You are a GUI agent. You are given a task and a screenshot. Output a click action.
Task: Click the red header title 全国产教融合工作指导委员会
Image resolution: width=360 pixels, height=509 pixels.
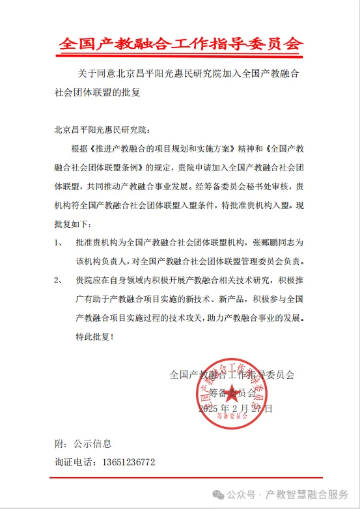(181, 44)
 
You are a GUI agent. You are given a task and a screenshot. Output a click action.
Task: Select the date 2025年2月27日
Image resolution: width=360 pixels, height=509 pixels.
(235, 409)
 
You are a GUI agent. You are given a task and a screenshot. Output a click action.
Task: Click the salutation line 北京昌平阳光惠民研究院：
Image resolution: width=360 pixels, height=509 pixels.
(103, 129)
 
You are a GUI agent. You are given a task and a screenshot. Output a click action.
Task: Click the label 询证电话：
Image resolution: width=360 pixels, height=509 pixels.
(73, 462)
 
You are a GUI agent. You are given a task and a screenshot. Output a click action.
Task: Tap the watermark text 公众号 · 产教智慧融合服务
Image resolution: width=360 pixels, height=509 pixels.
(287, 495)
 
